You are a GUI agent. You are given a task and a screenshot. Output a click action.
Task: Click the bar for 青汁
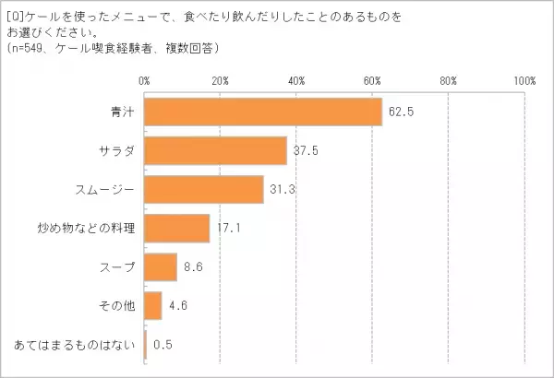pos(263,112)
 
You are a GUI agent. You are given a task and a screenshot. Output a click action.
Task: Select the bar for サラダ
pos(216,150)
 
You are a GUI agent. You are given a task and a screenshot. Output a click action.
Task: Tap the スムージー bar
pos(204,189)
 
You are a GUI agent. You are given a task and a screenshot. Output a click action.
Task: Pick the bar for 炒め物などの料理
pos(177,228)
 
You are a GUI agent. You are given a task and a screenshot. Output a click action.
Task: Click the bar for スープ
pos(161,266)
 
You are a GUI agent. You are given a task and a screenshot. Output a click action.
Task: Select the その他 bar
pos(153,305)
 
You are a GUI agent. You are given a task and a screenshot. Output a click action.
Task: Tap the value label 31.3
pos(281,189)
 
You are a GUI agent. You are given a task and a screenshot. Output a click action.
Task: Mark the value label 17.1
pos(227,228)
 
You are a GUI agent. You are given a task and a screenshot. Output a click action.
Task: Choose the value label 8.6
pos(192,266)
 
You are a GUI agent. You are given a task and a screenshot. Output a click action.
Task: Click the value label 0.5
pos(163,344)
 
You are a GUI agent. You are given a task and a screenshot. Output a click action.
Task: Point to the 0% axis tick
pos(144,81)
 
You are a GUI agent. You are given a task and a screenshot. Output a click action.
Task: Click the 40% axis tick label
pos(296,81)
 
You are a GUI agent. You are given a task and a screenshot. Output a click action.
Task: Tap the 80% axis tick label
pos(449,81)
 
